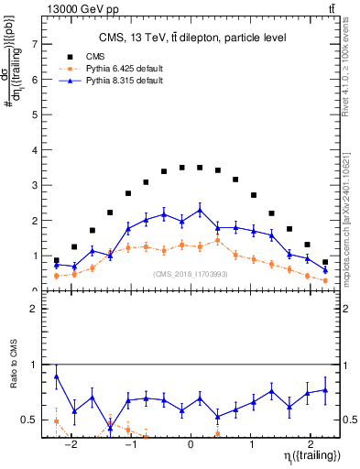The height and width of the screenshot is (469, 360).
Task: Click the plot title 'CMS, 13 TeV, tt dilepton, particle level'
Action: pyautogui.click(x=193, y=38)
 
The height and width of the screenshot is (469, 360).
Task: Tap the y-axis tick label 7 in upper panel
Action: pyautogui.click(x=35, y=43)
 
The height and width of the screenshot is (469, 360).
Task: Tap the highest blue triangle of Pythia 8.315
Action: pyautogui.click(x=200, y=210)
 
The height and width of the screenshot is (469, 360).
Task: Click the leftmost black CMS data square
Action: pyautogui.click(x=57, y=260)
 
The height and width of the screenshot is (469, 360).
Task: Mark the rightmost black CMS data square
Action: pyautogui.click(x=325, y=262)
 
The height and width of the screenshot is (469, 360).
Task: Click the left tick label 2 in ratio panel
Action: pyautogui.click(x=35, y=309)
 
